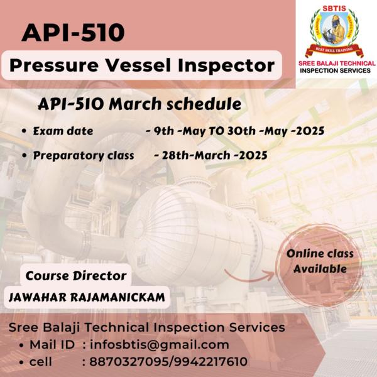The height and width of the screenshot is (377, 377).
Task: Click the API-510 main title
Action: [x=73, y=32]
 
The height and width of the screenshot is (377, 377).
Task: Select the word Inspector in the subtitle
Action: [x=226, y=65]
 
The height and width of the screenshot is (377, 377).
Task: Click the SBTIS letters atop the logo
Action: [x=334, y=8]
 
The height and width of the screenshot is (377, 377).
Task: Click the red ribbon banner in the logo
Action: [x=334, y=50]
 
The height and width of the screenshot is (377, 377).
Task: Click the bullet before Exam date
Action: [x=24, y=131]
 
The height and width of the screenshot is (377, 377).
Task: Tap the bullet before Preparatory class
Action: [x=24, y=156]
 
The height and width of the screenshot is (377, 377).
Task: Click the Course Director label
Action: [x=76, y=276]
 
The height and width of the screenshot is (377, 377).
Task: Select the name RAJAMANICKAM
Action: [x=117, y=297]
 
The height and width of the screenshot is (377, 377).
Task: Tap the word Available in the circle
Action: [x=320, y=269]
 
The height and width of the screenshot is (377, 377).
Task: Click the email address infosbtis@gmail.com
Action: [x=160, y=345]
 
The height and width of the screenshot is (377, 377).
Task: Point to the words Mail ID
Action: [x=52, y=345]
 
